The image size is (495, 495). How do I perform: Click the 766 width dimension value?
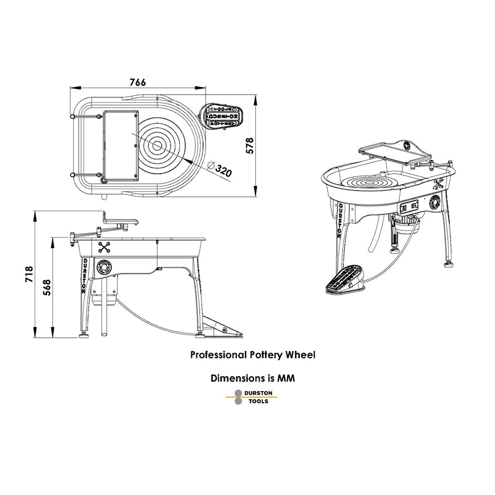tap(137, 82)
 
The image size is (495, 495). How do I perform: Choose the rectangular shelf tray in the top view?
tap(120, 145)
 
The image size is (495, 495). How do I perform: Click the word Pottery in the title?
tap(266, 355)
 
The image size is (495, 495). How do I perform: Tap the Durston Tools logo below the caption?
tap(252, 397)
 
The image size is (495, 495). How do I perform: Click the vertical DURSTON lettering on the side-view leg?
tap(84, 276)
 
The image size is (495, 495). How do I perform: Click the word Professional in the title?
tap(218, 355)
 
